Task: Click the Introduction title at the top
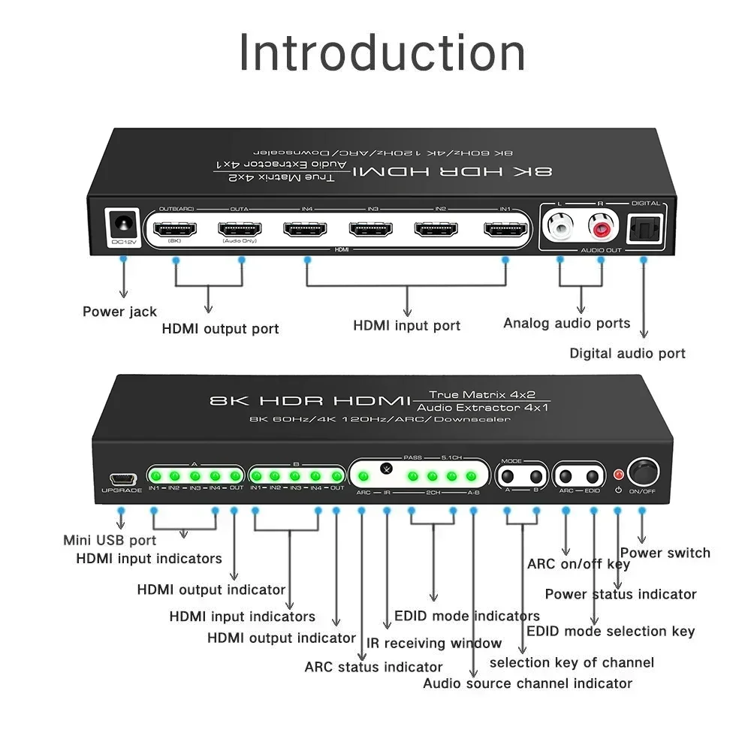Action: (382, 53)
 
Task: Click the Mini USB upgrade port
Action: (121, 478)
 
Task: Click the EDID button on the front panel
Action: (593, 477)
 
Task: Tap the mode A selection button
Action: (508, 477)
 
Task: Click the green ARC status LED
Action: (362, 476)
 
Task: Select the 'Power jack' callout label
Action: (119, 312)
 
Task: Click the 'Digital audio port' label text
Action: (627, 353)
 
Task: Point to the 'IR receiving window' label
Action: (434, 643)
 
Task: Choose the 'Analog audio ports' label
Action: (566, 323)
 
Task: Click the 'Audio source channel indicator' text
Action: (527, 683)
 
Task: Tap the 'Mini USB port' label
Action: (110, 540)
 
